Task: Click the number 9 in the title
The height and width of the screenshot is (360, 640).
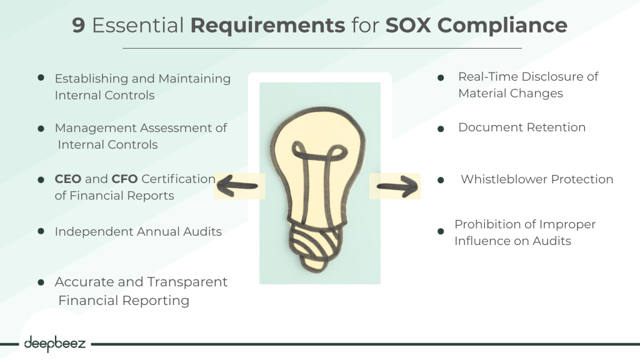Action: click(78, 25)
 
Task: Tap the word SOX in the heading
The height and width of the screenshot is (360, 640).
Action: click(407, 25)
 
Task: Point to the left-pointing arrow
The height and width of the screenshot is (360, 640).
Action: click(237, 186)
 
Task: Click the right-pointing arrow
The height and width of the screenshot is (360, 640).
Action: click(397, 186)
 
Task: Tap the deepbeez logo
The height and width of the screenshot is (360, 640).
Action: click(55, 344)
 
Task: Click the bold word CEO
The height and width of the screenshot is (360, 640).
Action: click(68, 179)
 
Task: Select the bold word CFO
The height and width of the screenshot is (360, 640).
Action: click(124, 179)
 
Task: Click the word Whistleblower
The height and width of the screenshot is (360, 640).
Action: click(504, 179)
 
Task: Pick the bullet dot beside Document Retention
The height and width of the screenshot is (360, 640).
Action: click(441, 129)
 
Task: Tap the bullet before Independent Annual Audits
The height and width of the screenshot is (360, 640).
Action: click(41, 231)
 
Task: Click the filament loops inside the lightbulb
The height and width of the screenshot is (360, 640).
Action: click(319, 153)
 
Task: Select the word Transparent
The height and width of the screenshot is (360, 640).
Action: click(187, 282)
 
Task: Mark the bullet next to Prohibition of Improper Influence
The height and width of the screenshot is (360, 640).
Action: click(441, 231)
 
